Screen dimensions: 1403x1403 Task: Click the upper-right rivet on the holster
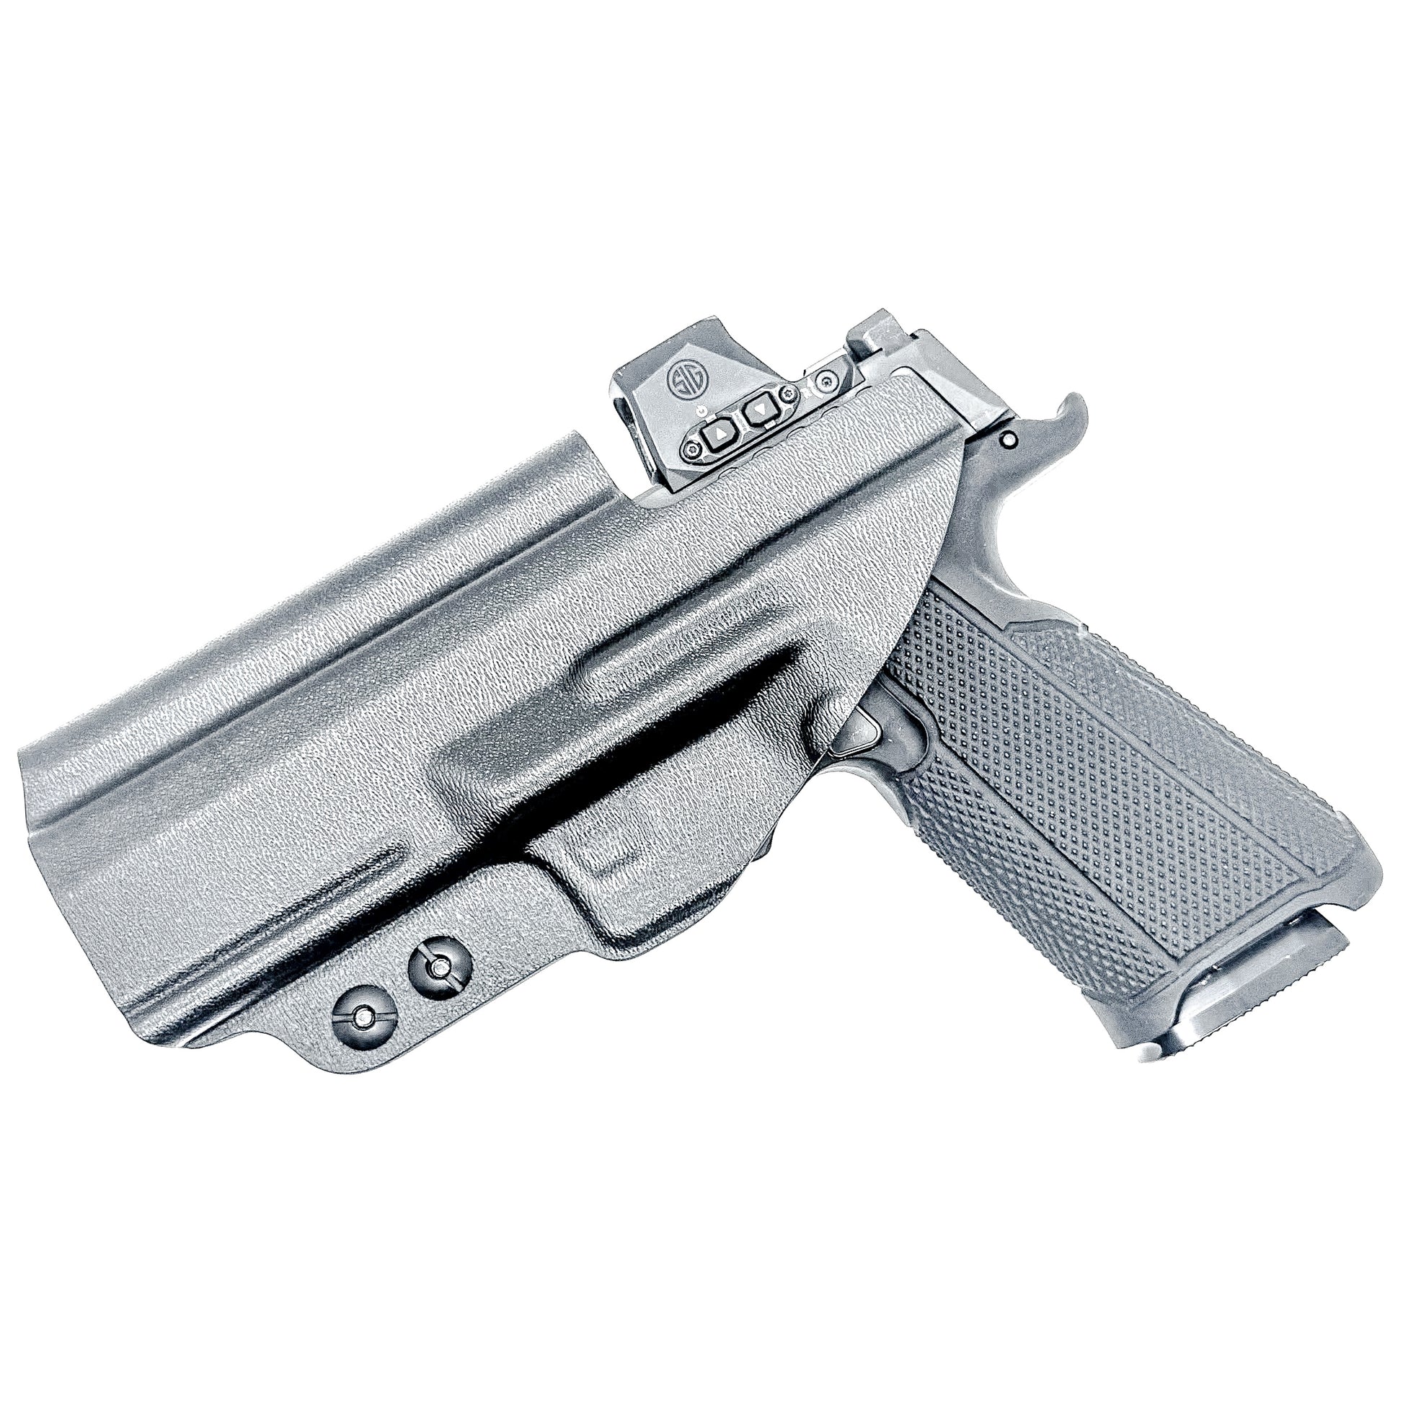click(x=438, y=965)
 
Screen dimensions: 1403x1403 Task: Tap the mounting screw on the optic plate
click(x=825, y=381)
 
